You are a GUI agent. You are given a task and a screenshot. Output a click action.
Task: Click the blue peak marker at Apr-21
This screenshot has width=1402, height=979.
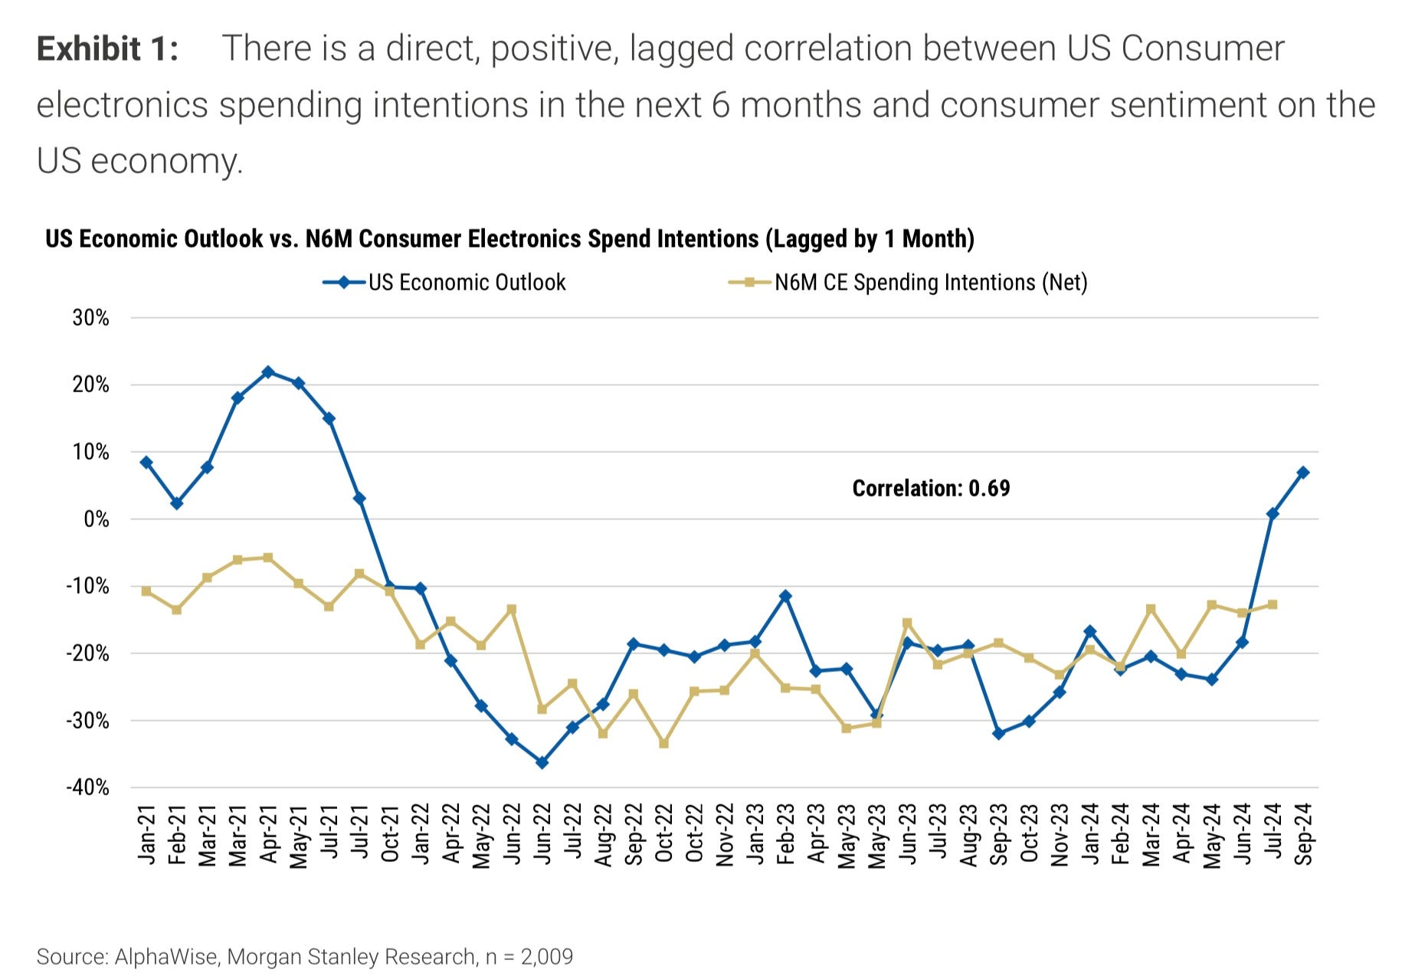[x=268, y=372]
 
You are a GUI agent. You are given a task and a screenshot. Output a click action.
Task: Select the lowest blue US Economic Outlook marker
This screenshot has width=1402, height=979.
[x=542, y=763]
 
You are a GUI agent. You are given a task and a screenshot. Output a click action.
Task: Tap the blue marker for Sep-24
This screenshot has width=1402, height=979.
[x=1303, y=473]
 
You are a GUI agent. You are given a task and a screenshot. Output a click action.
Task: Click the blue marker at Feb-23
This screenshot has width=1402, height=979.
[x=785, y=596]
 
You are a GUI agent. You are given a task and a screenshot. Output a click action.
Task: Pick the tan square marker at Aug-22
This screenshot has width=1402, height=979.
[x=603, y=734]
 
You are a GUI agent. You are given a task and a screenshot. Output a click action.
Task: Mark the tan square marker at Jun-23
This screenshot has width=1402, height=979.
[x=907, y=623]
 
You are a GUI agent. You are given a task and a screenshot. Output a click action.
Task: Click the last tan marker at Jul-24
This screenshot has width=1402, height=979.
[x=1273, y=604]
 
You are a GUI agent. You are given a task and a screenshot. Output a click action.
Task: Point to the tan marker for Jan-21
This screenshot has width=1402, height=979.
[x=146, y=591]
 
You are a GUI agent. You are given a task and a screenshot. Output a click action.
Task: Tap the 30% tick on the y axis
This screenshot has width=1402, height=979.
[x=91, y=318]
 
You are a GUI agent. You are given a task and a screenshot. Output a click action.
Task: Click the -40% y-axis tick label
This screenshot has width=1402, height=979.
[x=88, y=787]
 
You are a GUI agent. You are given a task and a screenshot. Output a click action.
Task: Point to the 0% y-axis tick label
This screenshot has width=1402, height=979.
[x=96, y=519]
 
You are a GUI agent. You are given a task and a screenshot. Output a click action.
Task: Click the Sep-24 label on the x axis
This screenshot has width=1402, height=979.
[x=1304, y=834]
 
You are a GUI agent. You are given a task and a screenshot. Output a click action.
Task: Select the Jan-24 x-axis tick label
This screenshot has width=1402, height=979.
[x=1090, y=834]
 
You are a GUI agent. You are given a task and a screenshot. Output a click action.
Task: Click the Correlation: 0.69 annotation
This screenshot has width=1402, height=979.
[x=931, y=489]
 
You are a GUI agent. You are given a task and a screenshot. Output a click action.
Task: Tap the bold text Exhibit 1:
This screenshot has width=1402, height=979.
[x=107, y=49]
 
